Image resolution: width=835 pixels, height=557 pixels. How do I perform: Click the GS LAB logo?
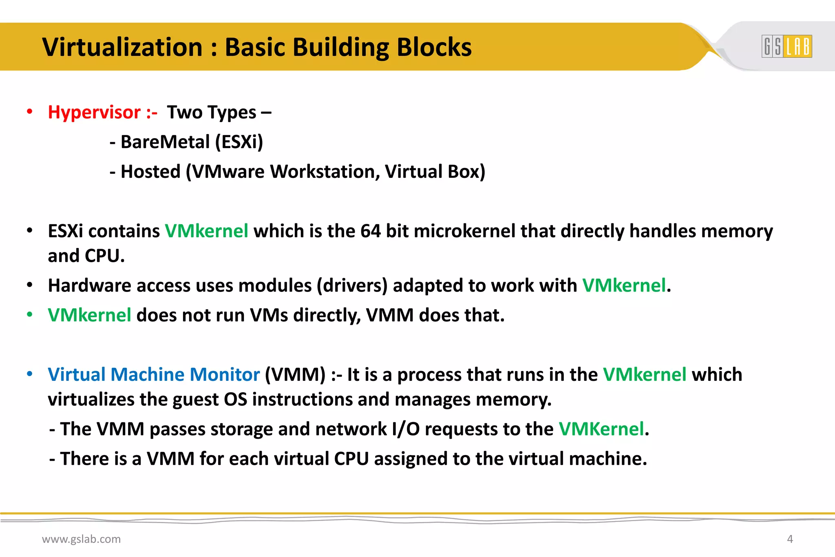pos(786,46)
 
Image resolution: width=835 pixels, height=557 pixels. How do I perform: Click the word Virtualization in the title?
pos(122,47)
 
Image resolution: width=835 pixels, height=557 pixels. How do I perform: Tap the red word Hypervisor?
pos(94,113)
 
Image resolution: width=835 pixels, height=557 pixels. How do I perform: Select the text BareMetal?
pos(165,142)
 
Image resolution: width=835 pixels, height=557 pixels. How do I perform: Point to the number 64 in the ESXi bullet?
pos(370,231)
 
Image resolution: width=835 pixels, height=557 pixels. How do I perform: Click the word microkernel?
pos(464,231)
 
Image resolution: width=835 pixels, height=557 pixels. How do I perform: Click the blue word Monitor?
pos(225,374)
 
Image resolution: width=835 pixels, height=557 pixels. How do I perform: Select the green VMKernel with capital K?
pos(601,429)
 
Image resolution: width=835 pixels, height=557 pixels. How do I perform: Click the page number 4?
pos(790,539)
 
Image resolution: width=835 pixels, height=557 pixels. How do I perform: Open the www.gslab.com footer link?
pos(82,539)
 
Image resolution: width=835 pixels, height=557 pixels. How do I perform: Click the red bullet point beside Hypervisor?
pos(29,112)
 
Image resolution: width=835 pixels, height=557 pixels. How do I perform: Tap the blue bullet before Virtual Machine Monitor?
pos(29,374)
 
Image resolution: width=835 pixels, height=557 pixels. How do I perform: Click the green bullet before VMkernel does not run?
pos(29,314)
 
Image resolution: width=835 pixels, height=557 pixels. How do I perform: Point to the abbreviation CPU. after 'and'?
pos(104,256)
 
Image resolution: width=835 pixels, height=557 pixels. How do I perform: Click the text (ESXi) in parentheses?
pos(239,142)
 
